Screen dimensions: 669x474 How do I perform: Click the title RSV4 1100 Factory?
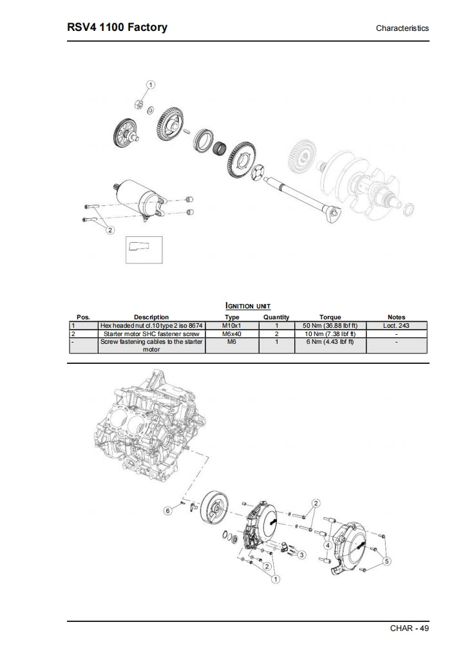coord(117,27)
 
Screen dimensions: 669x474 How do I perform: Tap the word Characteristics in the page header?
coord(402,28)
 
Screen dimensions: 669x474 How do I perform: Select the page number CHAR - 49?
coord(409,628)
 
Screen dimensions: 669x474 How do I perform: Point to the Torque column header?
coord(330,317)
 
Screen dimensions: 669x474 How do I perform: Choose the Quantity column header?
coord(276,317)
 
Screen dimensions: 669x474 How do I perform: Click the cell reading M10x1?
coord(232,326)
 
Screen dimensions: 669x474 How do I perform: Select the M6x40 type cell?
coord(232,334)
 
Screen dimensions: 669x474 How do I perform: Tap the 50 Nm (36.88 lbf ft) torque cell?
coord(330,326)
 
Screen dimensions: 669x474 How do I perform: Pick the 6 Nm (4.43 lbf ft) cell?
coord(330,342)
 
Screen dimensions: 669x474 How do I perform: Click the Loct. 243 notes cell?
coord(396,326)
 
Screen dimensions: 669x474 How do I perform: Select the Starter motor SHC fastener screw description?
coord(151,334)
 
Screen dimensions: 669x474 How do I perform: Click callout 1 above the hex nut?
coord(151,85)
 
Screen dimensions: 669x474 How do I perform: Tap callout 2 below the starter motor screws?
coord(109,230)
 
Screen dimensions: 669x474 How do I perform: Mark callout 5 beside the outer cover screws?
coord(386,561)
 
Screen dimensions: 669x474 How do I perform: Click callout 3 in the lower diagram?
coord(302,554)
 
